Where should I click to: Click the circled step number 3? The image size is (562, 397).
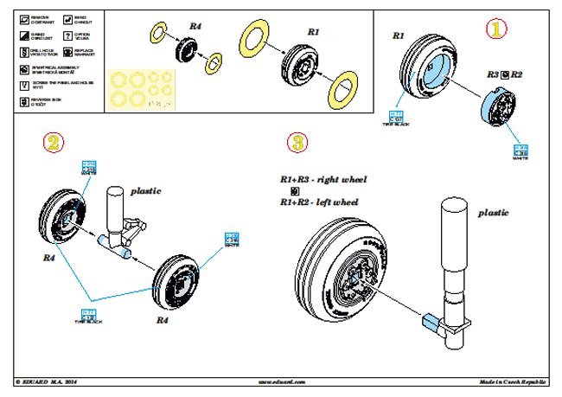297,142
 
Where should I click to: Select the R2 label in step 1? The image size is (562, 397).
516,76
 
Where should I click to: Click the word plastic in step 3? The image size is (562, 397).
493,212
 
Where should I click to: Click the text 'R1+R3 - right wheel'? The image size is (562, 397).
323,179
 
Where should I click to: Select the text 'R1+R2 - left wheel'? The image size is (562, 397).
318,202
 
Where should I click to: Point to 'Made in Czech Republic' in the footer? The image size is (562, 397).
514,381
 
